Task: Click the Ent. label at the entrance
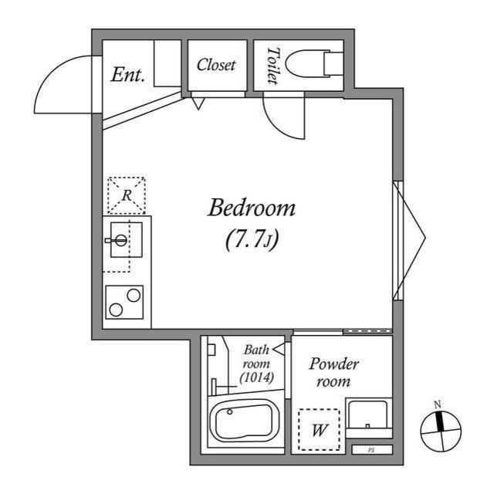[x=127, y=75]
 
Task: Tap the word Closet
[x=216, y=65]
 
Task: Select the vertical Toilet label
[x=272, y=66]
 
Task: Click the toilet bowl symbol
[x=314, y=64]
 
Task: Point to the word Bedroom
[x=252, y=208]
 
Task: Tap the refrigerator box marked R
[x=127, y=196]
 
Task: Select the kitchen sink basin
[x=127, y=240]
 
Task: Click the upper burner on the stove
[x=134, y=296]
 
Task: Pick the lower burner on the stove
[x=116, y=310]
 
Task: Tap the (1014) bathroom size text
[x=256, y=377]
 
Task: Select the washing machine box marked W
[x=319, y=429]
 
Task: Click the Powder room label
[x=334, y=372]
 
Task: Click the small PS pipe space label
[x=371, y=450]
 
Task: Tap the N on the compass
[x=438, y=404]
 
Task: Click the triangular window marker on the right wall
[x=410, y=239]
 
